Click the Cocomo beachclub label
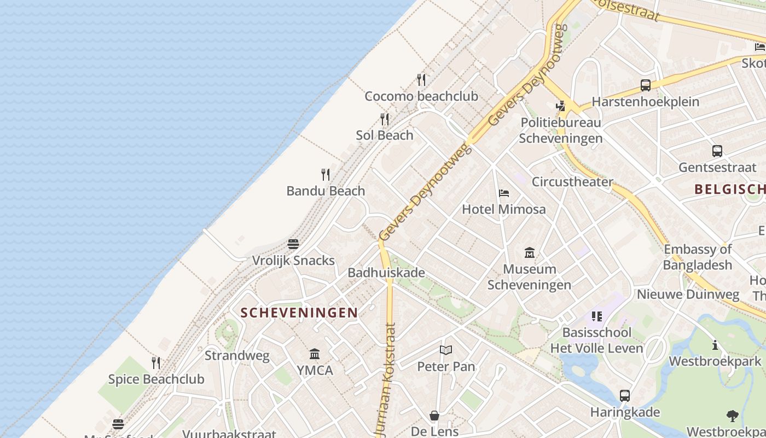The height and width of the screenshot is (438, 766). point(421,96)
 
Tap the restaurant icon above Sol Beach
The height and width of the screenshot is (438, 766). point(385,119)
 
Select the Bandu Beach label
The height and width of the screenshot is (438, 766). point(326,191)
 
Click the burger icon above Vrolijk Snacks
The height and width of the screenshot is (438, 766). point(293,244)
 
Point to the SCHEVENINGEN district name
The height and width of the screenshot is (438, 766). point(299,313)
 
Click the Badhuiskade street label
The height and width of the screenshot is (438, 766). point(386,272)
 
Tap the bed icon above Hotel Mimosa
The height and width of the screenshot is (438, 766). point(504,193)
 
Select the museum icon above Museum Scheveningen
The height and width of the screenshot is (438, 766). point(530,253)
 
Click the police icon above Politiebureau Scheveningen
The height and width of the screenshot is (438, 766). point(560,106)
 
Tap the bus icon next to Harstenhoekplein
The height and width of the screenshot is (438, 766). point(646,85)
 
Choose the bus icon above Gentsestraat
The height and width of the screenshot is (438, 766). point(717,151)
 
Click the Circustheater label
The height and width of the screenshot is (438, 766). point(572,182)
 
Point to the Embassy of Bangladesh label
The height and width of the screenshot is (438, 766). point(698,257)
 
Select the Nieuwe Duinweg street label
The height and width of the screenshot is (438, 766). point(688,295)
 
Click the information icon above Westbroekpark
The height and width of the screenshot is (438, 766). point(715,345)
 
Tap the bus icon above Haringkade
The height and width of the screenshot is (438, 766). point(625,396)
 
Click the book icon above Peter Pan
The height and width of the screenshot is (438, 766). point(446,350)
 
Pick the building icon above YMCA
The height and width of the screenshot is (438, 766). point(315,354)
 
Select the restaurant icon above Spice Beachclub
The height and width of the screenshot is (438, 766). point(156,362)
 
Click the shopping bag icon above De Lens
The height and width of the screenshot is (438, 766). point(434,416)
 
